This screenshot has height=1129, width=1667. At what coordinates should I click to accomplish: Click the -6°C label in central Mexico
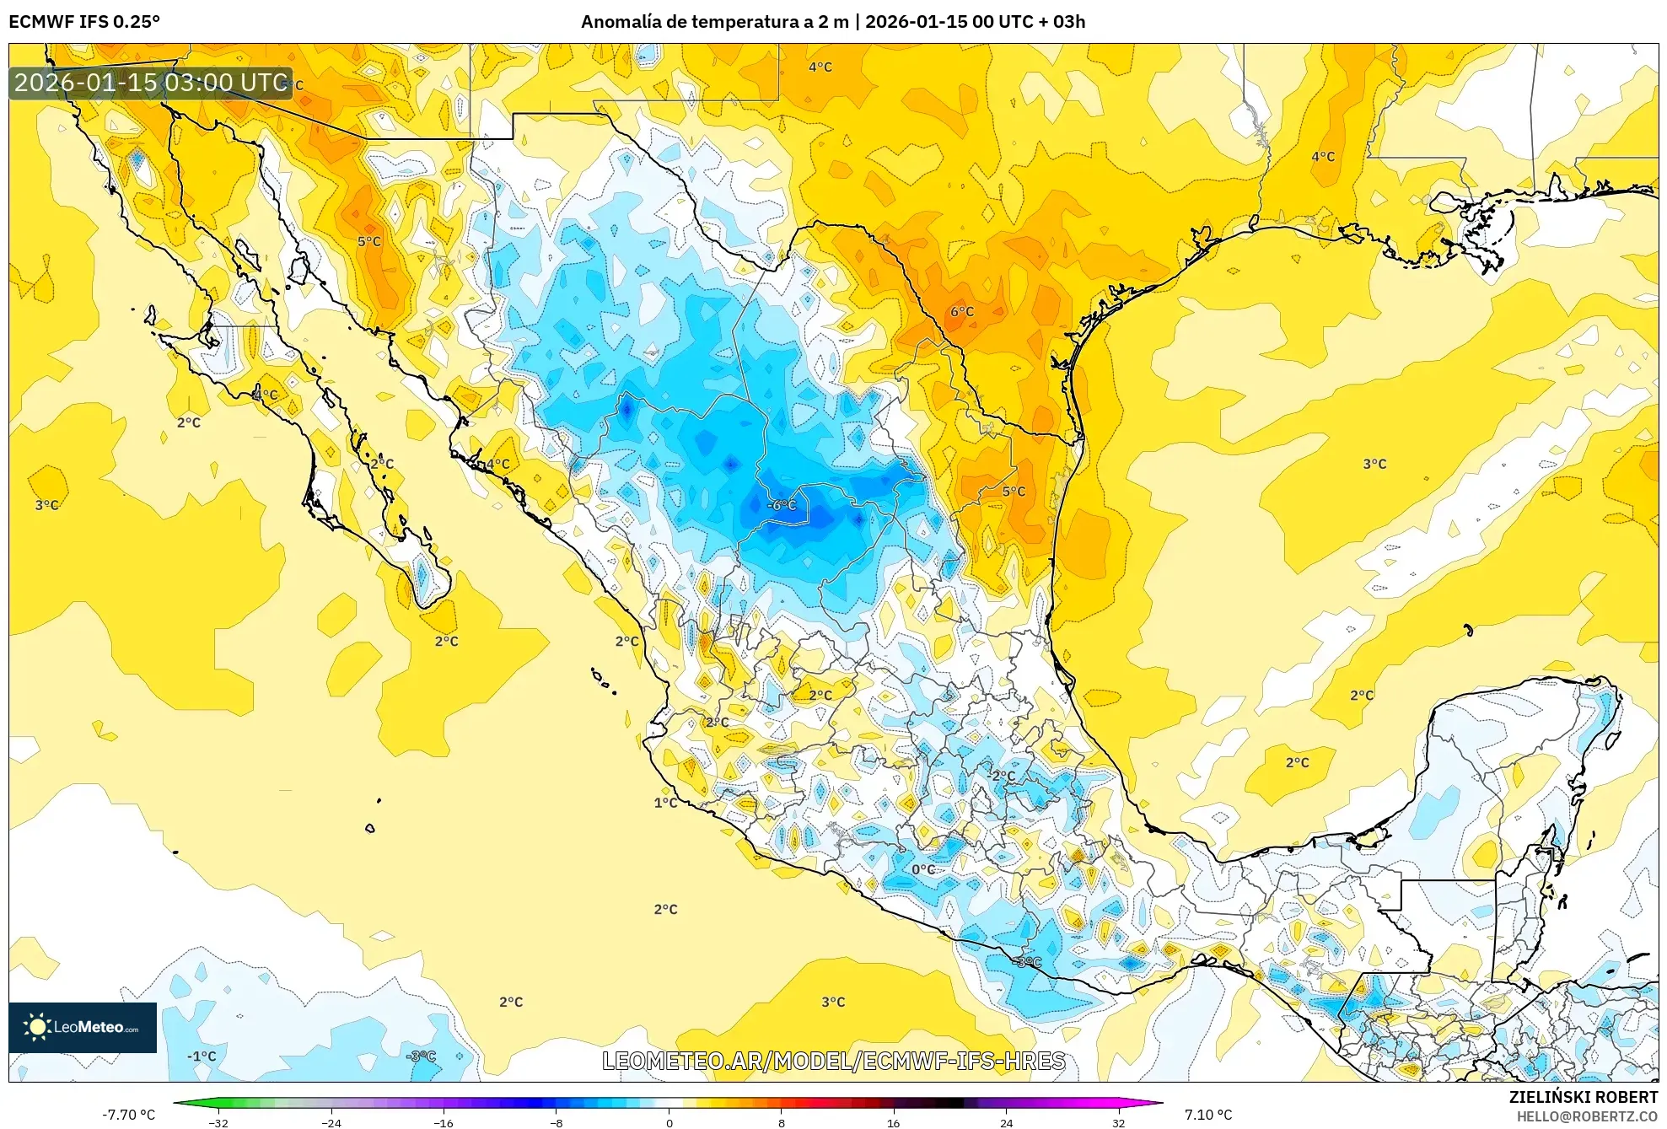pos(782,505)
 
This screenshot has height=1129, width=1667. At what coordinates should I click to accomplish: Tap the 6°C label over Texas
pos(962,312)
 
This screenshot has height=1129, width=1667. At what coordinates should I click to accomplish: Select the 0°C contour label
pos(923,869)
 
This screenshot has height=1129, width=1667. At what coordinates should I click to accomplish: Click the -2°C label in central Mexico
pos(1002,776)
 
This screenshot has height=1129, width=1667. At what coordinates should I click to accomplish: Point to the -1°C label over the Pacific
pos(202,1056)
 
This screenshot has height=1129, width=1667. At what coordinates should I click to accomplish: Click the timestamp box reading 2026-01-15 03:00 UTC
pos(151,83)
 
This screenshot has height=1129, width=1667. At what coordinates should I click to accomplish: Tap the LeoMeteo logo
pos(83,1027)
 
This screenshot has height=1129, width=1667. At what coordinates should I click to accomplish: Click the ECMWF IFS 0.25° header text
pos(84,22)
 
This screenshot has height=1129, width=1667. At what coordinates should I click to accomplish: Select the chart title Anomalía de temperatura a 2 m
pos(715,22)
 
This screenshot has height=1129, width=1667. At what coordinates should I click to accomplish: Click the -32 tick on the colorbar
pos(218,1122)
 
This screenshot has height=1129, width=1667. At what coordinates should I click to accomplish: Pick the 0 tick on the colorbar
pos(669,1122)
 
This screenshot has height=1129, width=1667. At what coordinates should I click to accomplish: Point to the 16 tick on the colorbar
pos(894,1122)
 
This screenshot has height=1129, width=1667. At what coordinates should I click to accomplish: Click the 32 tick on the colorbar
pos(1118,1122)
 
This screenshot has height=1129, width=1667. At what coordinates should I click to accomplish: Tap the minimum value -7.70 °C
pos(129,1115)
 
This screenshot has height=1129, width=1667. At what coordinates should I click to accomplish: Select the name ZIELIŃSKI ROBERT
pos(1583,1097)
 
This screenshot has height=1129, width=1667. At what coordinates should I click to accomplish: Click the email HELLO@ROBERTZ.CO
pos(1587,1116)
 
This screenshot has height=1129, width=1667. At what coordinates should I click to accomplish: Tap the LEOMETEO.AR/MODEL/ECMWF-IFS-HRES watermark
pos(833,1061)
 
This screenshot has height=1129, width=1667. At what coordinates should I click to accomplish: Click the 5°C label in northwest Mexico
pos(369,242)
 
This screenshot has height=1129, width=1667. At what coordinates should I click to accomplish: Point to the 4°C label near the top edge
pos(820,67)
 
